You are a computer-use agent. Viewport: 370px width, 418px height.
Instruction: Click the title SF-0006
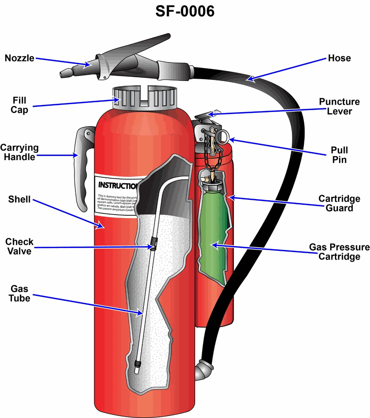click(x=185, y=11)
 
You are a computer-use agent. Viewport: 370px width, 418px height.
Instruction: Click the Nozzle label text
click(x=19, y=58)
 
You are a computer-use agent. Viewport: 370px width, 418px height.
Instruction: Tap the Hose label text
click(x=339, y=58)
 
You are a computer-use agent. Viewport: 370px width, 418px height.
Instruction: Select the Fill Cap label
click(x=20, y=105)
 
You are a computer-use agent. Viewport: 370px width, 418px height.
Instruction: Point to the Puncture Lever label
click(x=339, y=106)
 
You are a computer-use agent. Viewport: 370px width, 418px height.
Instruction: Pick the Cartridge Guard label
click(x=339, y=203)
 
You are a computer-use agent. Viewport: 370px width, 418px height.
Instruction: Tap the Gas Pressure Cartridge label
click(x=339, y=251)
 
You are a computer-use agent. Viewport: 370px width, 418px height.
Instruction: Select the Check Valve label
click(x=19, y=247)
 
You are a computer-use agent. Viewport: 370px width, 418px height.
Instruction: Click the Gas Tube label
click(x=20, y=294)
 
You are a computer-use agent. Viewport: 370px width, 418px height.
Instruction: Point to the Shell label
click(x=19, y=200)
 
